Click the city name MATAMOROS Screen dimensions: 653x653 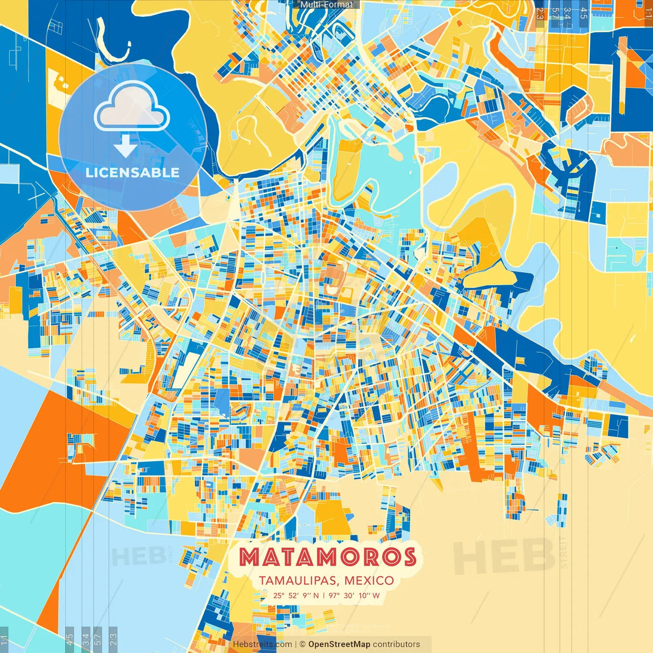point(327,557)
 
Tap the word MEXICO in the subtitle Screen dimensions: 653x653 point(369,581)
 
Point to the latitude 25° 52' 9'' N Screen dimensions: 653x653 point(296,595)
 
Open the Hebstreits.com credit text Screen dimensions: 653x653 point(262,644)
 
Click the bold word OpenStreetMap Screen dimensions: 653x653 point(339,644)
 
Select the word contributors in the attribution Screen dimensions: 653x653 point(396,644)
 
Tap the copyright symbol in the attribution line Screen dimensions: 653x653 point(302,644)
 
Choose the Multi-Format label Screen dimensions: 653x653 point(326,5)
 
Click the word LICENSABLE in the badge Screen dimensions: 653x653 point(133,172)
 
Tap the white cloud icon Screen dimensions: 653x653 point(132,107)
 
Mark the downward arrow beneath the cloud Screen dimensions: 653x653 point(125,147)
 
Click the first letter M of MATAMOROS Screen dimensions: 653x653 point(250,557)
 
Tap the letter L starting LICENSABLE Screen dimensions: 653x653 point(89,172)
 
